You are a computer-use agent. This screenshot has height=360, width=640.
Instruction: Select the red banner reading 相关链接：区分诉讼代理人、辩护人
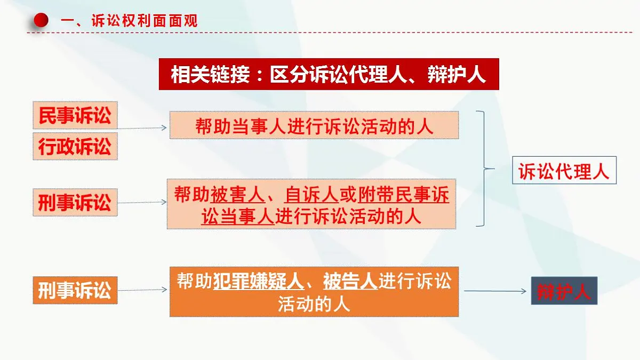click(x=329, y=74)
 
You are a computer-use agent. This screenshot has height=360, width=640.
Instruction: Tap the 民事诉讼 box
click(x=75, y=116)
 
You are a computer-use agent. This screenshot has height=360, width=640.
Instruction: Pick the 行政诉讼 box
click(x=75, y=146)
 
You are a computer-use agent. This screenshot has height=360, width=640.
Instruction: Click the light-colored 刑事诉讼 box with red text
click(x=75, y=202)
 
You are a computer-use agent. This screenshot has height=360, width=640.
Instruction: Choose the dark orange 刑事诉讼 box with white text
click(x=75, y=291)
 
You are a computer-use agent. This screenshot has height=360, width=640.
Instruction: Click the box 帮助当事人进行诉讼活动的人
click(x=314, y=125)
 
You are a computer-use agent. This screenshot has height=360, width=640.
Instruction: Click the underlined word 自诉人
click(x=312, y=195)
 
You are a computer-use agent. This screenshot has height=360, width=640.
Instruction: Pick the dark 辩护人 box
click(x=564, y=291)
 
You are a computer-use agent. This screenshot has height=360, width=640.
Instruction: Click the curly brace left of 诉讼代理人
click(x=484, y=169)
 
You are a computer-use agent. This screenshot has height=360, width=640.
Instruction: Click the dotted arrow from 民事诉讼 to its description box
click(x=143, y=128)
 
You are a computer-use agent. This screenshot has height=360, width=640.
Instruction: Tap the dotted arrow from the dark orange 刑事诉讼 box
click(x=143, y=290)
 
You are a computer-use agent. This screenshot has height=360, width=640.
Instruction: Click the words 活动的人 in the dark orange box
click(x=314, y=304)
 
